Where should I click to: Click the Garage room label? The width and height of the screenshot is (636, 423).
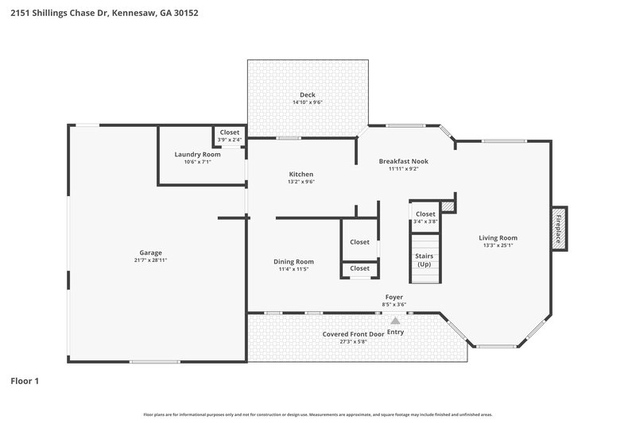click(x=151, y=252)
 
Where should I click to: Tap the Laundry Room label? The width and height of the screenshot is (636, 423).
click(x=197, y=154)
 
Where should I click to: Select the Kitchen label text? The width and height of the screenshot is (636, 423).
click(x=301, y=174)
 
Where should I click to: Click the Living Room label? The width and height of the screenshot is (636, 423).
click(x=498, y=237)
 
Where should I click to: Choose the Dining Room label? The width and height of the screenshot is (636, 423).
click(x=293, y=261)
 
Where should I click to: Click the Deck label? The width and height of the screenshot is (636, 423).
click(x=307, y=95)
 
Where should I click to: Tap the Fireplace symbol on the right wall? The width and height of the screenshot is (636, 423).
click(x=559, y=229)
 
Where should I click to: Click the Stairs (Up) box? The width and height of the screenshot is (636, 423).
click(x=424, y=260)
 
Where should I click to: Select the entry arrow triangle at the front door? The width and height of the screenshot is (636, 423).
click(x=395, y=321)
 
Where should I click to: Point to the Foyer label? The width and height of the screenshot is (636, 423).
click(x=395, y=296)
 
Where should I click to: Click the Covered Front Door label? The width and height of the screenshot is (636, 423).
click(x=353, y=334)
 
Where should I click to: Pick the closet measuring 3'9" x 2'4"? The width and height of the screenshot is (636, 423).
click(x=230, y=136)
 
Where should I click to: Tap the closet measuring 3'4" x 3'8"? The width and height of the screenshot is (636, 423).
click(x=425, y=217)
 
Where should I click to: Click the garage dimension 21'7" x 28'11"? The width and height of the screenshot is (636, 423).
click(x=151, y=260)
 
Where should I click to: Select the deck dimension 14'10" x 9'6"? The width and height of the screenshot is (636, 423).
click(x=307, y=102)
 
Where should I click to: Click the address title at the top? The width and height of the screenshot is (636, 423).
click(x=99, y=13)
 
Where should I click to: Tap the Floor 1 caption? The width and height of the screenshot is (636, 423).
click(x=25, y=381)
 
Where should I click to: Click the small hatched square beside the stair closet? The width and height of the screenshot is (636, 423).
click(x=448, y=206)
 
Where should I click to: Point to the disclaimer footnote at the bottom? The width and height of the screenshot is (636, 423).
click(x=317, y=414)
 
